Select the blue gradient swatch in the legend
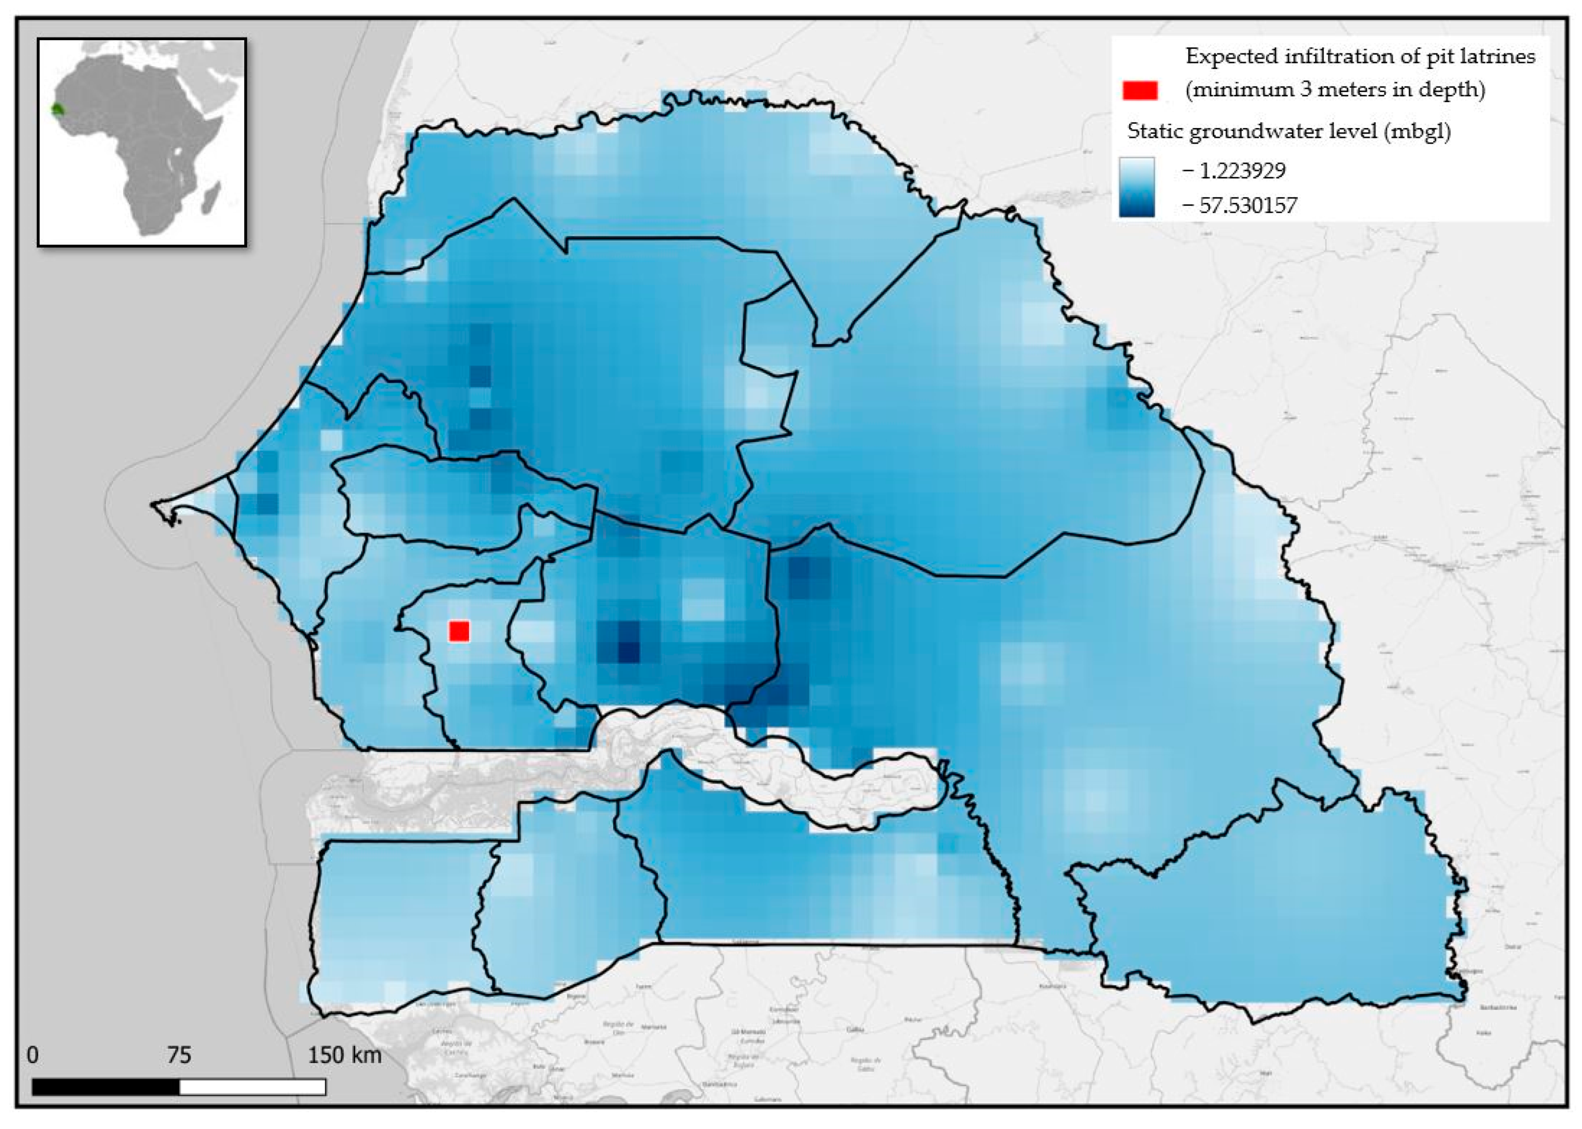tap(1136, 187)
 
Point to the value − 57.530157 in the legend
tap(1239, 205)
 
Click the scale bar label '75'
tap(179, 1055)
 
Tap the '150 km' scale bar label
tap(345, 1055)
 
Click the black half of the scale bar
tap(106, 1086)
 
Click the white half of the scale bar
tap(252, 1086)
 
